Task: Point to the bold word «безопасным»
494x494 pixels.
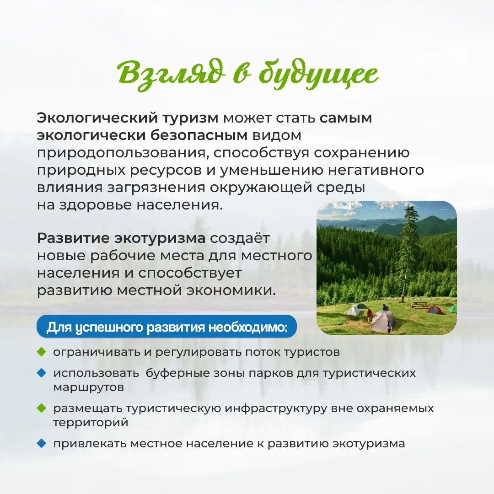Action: click(x=199, y=135)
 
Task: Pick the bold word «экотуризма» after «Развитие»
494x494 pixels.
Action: click(x=160, y=238)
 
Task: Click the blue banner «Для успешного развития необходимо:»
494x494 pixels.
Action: click(x=166, y=327)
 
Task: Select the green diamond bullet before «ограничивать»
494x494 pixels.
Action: click(x=41, y=352)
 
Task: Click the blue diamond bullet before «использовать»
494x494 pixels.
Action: click(x=41, y=373)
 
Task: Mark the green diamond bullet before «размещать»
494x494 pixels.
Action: click(x=41, y=408)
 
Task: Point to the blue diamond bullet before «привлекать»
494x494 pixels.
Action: click(x=41, y=444)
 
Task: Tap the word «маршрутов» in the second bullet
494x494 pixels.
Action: click(x=89, y=387)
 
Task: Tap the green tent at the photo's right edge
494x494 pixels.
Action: click(x=453, y=309)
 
